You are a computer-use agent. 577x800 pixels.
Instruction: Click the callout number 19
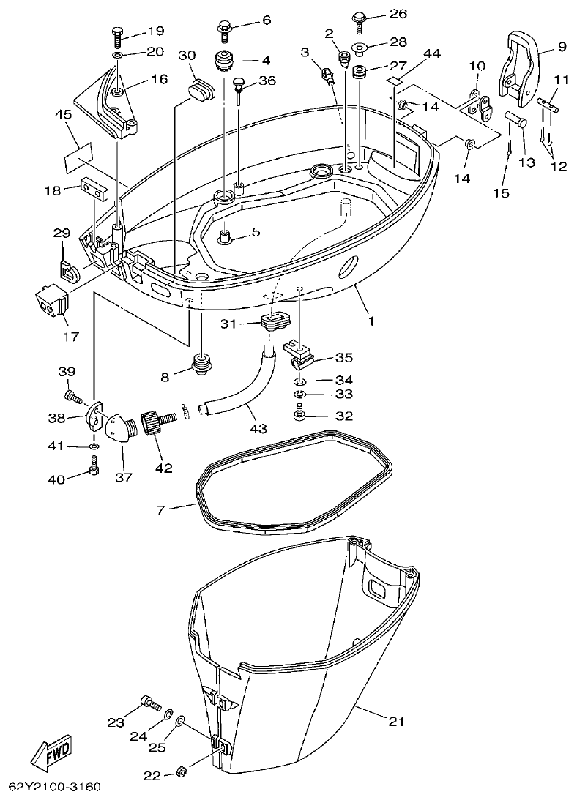pos(155,31)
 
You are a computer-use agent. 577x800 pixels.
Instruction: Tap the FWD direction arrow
pos(50,754)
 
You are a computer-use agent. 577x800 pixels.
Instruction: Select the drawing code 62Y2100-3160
pos(54,788)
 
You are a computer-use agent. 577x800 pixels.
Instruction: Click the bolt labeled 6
pos(224,29)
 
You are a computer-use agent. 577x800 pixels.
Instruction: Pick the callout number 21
pos(395,722)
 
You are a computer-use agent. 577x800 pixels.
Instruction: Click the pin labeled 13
pos(516,122)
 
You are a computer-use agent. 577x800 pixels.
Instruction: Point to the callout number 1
pos(371,321)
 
